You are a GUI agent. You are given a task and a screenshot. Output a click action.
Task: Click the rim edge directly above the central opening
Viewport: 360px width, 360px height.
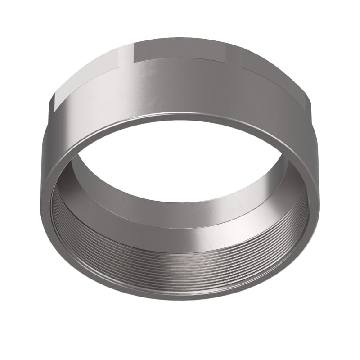tap(180, 118)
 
